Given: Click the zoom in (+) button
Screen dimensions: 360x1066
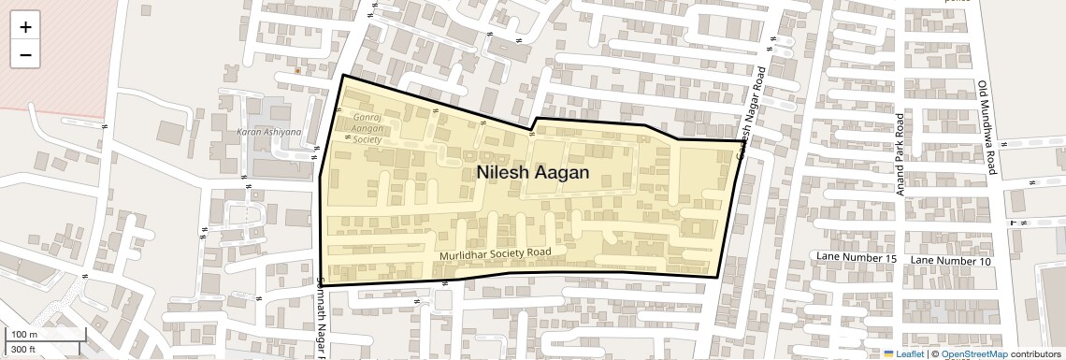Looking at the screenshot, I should click(25, 27).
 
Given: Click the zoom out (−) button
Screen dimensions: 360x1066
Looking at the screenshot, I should click(25, 54).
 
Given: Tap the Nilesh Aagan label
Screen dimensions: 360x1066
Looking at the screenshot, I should click(532, 172).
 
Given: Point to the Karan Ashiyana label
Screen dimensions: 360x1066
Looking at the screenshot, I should click(268, 132).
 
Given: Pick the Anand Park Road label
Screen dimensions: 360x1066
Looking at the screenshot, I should click(900, 154).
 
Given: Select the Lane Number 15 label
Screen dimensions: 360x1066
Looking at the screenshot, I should click(857, 258).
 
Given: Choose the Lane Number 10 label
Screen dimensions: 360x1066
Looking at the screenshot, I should click(950, 260).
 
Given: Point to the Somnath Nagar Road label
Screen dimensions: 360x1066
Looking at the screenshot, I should click(322, 318).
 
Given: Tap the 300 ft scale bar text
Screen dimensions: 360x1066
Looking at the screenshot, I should click(23, 349).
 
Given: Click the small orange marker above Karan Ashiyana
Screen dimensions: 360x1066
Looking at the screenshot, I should click(297, 70).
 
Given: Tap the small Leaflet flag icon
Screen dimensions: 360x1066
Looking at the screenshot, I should click(888, 353).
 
